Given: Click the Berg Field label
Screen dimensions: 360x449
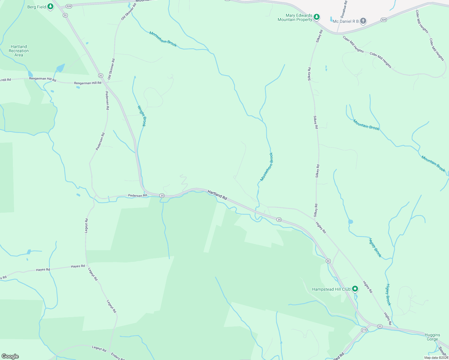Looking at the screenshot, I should tap(37, 7).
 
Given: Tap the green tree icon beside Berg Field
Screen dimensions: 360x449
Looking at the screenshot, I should tap(50, 6).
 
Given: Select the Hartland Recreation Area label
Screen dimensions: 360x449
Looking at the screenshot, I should tap(19, 51).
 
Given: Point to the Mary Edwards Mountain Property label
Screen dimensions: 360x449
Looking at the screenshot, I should tap(295, 17).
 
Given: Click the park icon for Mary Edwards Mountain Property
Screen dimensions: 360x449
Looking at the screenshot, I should tap(316, 17).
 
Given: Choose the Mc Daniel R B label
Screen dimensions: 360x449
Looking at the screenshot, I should tap(346, 21).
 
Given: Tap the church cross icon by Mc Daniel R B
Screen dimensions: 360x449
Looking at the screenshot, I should tap(363, 21).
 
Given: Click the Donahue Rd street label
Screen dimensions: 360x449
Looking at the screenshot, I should tap(344, 9).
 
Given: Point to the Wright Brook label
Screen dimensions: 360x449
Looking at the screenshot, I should tap(142, 116).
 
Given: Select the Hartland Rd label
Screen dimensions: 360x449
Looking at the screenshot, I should tap(217, 195).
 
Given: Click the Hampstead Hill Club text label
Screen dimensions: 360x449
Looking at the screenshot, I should tap(331, 289).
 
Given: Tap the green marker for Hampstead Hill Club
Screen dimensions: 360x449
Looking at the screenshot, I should tap(355, 289).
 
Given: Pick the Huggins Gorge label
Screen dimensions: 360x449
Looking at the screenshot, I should tap(432, 337).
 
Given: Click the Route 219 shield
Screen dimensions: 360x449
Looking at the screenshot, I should tap(364, 330).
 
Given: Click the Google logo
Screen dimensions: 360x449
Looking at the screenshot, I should tap(10, 356).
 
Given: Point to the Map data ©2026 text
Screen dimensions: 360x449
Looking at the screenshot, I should tap(436, 358).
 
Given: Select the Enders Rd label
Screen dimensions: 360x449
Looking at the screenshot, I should tap(116, 356).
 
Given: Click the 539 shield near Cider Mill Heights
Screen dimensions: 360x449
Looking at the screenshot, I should tap(384, 20).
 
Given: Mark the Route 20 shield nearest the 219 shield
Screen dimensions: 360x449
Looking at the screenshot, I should tap(380, 326).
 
